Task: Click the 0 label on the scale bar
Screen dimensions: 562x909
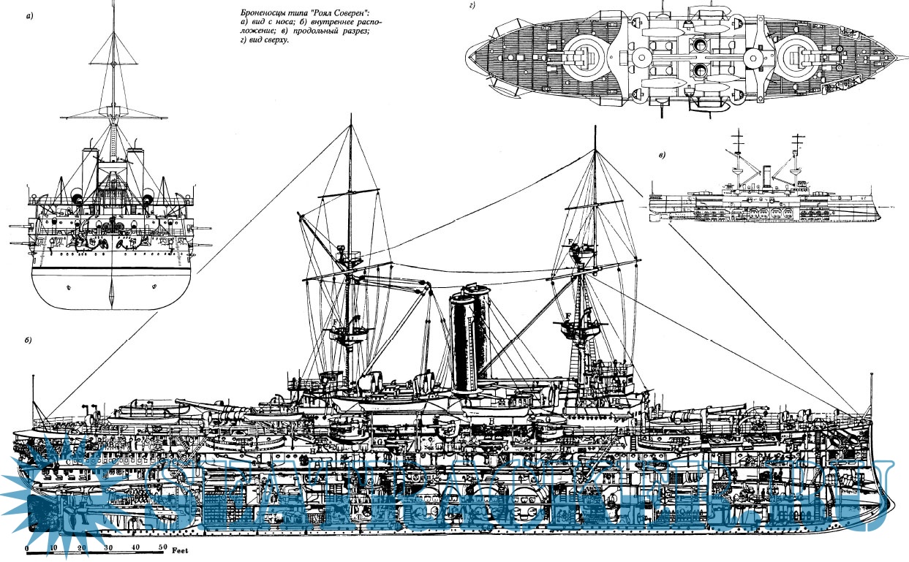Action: click(27, 547)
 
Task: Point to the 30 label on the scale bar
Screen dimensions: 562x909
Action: click(108, 547)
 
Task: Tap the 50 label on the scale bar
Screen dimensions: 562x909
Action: click(162, 547)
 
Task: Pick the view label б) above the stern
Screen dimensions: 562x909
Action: click(27, 342)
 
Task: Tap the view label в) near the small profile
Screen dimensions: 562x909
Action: click(662, 155)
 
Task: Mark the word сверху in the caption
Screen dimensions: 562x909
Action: click(275, 41)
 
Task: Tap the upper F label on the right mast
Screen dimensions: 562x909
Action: click(569, 242)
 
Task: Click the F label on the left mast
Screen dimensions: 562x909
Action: click(333, 323)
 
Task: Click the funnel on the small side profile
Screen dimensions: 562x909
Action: click(766, 176)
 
